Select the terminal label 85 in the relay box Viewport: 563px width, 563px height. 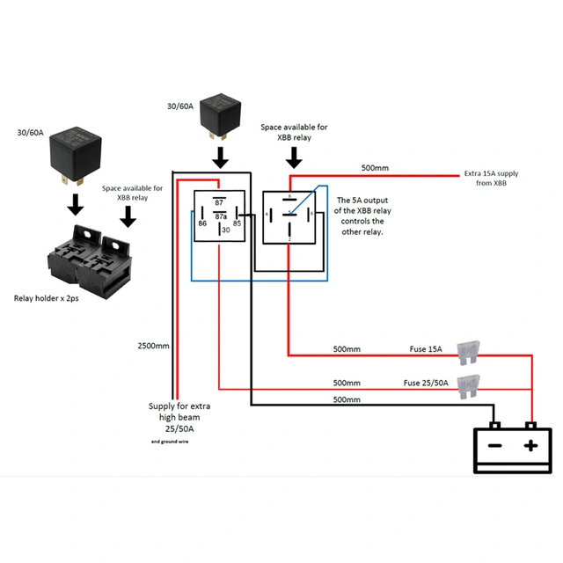click(x=238, y=224)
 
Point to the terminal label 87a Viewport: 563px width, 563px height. click(x=220, y=216)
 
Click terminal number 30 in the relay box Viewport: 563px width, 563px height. click(x=225, y=230)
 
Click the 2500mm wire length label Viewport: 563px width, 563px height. click(x=153, y=346)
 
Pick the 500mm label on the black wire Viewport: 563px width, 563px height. click(x=347, y=400)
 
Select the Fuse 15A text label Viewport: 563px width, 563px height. click(x=426, y=349)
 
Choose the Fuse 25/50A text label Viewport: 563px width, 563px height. click(x=426, y=383)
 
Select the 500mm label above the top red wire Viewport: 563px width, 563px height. click(x=375, y=168)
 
